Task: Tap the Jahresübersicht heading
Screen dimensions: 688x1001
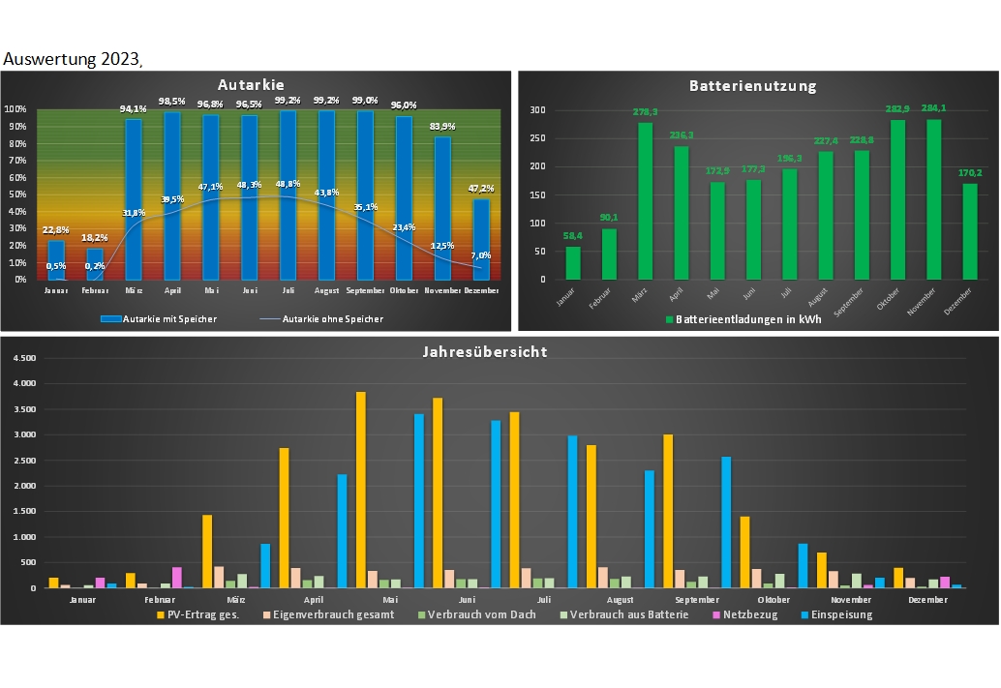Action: coord(500,351)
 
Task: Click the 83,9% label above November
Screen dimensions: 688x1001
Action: coord(442,126)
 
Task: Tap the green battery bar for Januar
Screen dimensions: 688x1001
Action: coord(573,262)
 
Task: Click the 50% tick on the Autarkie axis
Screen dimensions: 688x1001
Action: coord(17,194)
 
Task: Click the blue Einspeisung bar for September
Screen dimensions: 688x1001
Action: coord(726,522)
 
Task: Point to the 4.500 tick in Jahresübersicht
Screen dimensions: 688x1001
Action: coord(23,358)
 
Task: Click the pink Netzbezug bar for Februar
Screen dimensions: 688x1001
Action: coord(177,577)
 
